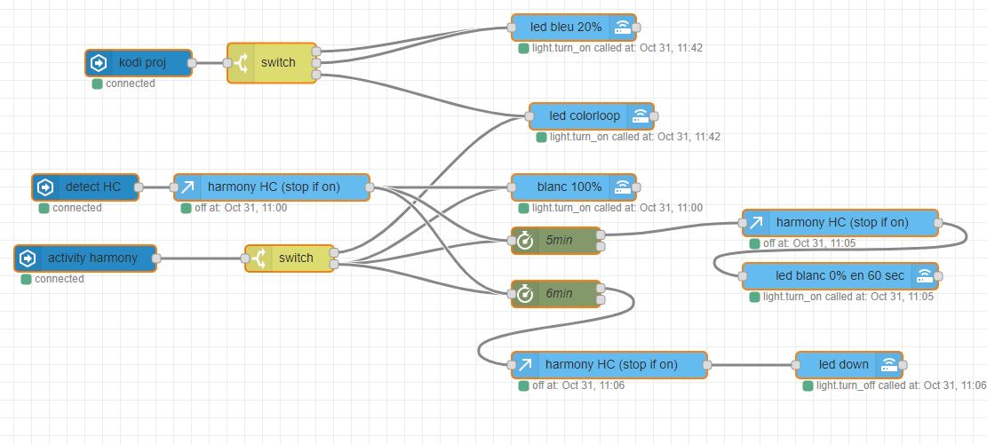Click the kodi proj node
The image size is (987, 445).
(x=139, y=63)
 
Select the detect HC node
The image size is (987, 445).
(x=85, y=187)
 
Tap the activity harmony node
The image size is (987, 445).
(x=85, y=258)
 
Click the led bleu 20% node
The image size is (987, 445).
(x=573, y=27)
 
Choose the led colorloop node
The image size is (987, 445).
(x=591, y=115)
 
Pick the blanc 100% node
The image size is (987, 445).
(x=573, y=187)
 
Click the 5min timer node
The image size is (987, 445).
(x=556, y=241)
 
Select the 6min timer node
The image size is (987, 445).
(x=556, y=293)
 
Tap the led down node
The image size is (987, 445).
(x=849, y=364)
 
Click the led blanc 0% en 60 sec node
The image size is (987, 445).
(x=840, y=275)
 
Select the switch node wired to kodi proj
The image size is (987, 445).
(x=272, y=63)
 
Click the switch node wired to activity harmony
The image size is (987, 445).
(x=290, y=258)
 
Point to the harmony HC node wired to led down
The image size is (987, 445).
(x=609, y=364)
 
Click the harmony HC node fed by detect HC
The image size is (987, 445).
(x=272, y=187)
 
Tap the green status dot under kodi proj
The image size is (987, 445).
(x=97, y=83)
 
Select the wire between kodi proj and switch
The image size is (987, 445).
(x=210, y=63)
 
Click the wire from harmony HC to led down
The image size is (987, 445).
(x=752, y=364)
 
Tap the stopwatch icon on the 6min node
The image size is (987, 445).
(x=525, y=293)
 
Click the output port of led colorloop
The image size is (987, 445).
(x=654, y=115)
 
